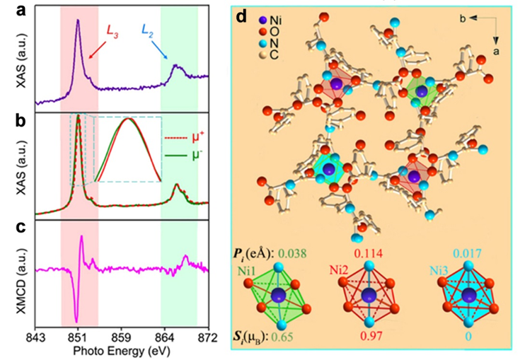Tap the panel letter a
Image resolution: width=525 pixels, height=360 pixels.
click(8, 11)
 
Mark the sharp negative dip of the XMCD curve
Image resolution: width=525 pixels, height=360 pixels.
click(76, 322)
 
